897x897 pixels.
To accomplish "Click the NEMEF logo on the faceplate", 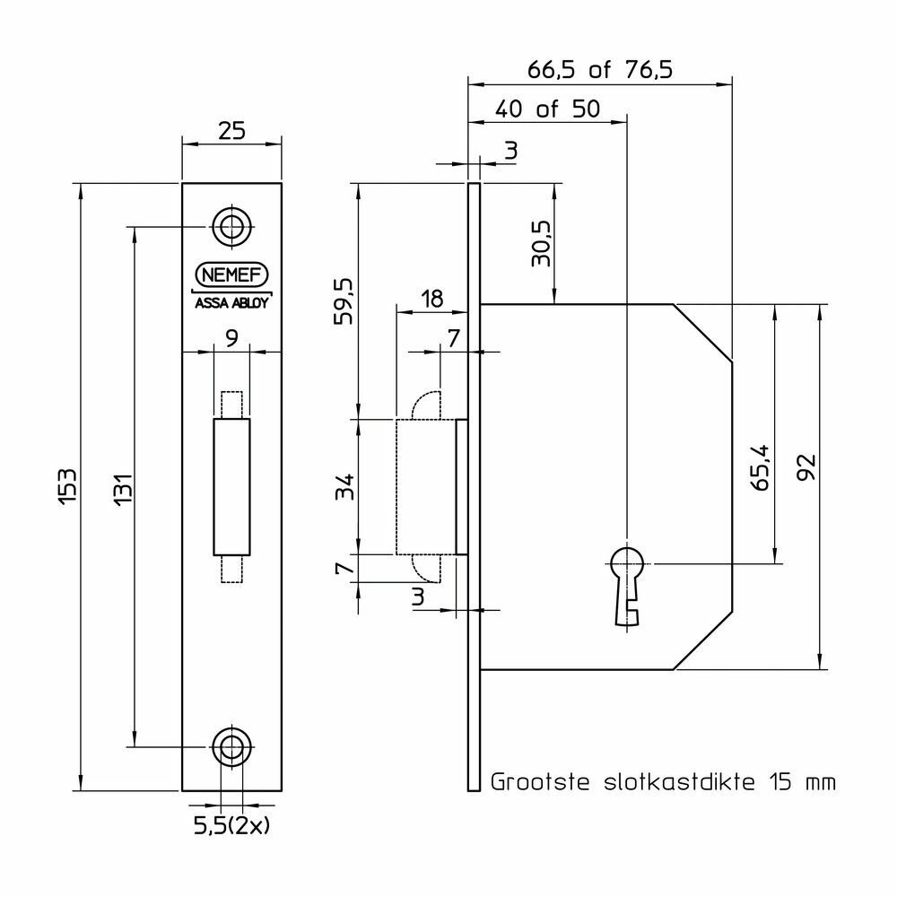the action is [x=231, y=275].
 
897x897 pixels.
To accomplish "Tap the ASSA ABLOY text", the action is [x=231, y=302].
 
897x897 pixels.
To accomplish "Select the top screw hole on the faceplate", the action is [x=232, y=227].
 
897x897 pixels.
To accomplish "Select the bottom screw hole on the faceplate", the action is [x=232, y=746].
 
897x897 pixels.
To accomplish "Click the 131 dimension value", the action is [x=124, y=489].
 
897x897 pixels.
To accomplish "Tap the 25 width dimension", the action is [x=232, y=131].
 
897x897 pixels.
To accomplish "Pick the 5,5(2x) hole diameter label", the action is [x=231, y=825].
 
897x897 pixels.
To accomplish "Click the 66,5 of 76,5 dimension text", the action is [x=600, y=70].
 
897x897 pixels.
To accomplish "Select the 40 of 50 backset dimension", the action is [x=547, y=109].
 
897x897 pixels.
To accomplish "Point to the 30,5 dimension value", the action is [x=541, y=244].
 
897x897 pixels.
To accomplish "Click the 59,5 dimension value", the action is [x=344, y=301].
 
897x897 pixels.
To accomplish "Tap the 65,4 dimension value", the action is [x=761, y=468].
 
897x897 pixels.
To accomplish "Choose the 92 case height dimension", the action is [x=806, y=467].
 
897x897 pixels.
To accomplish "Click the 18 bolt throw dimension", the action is [x=432, y=299].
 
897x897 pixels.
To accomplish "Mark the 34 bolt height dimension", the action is [x=344, y=487].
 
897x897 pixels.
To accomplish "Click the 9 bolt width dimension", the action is [x=231, y=338].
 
